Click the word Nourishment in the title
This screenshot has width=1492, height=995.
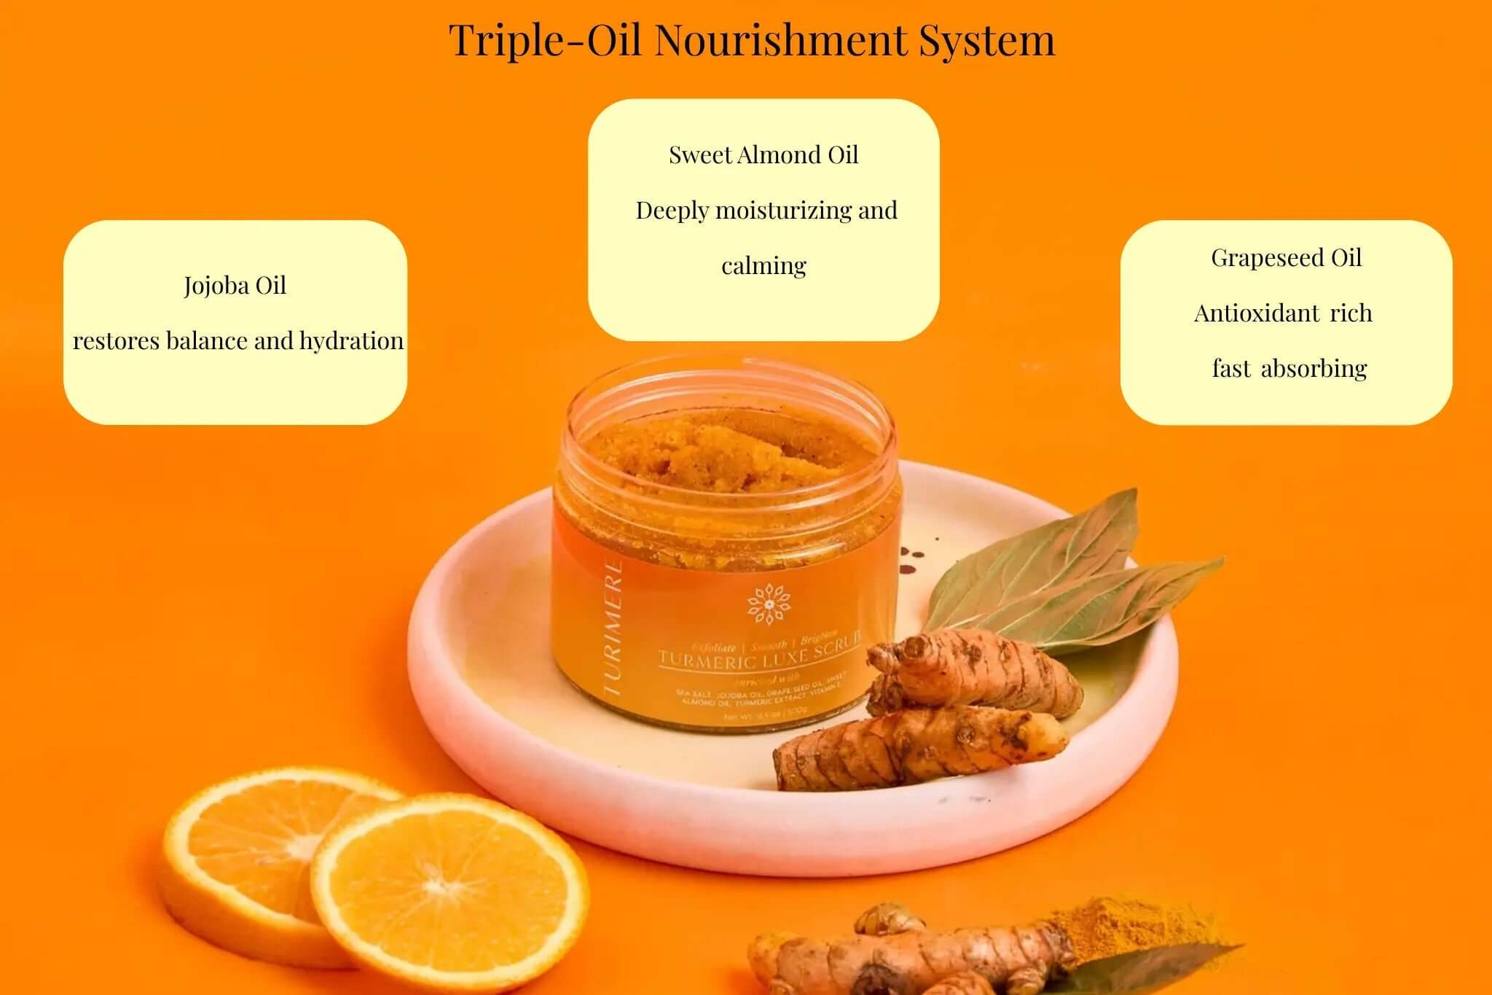(x=780, y=40)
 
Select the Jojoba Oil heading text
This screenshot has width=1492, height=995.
(x=235, y=285)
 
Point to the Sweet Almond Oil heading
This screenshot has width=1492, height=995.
(x=763, y=155)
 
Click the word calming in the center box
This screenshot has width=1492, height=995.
(x=763, y=265)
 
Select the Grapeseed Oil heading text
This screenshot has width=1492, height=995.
(x=1286, y=257)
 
